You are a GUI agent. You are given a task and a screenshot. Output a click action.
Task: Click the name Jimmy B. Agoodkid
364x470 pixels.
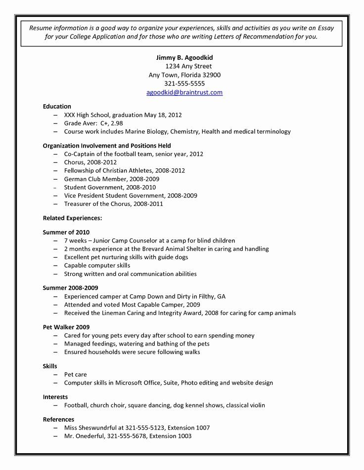click(x=184, y=57)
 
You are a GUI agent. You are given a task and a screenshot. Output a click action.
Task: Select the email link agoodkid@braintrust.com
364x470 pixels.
click(x=184, y=92)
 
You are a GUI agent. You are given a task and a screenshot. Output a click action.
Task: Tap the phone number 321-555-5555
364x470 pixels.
click(x=184, y=83)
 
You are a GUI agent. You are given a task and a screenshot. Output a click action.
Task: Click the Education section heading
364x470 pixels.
click(x=57, y=106)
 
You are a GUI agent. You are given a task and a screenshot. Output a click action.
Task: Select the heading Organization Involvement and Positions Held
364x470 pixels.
click(x=107, y=146)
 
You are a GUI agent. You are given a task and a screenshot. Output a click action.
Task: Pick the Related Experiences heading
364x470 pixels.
click(x=72, y=218)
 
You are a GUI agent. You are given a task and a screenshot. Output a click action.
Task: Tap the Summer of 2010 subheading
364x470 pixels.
click(x=66, y=232)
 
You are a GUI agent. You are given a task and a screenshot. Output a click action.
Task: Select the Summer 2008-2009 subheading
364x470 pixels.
click(x=70, y=287)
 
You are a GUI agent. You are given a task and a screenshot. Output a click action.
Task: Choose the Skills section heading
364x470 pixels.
click(x=50, y=366)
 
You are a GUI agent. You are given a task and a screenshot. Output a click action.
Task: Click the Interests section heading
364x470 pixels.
click(x=55, y=396)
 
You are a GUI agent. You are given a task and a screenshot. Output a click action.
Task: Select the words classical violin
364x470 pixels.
click(x=246, y=405)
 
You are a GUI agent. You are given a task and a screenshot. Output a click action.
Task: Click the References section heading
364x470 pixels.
click(x=58, y=419)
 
